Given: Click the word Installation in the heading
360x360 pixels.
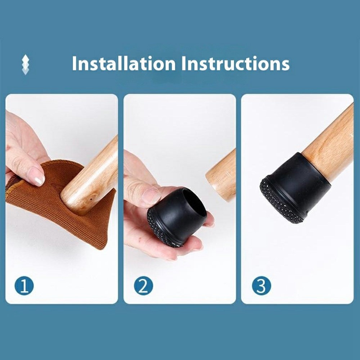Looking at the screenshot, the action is [x=124, y=63].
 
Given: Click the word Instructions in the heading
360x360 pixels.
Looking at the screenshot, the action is [x=235, y=63].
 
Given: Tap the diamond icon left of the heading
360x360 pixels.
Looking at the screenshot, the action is [x=26, y=64].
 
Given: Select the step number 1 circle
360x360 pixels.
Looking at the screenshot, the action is [x=24, y=285].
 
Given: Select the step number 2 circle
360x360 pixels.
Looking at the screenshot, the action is [x=144, y=285].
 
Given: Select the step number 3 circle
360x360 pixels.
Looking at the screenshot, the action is [x=261, y=285].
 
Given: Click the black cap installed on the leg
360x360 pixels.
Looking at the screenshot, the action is [x=296, y=188].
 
